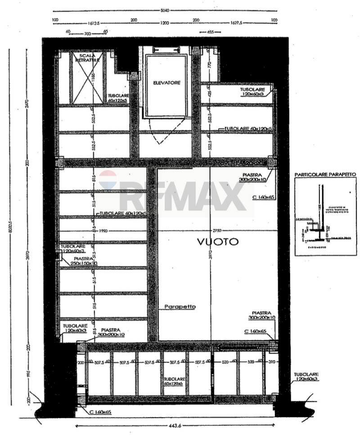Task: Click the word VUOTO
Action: (x=218, y=242)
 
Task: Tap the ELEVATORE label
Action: (x=166, y=83)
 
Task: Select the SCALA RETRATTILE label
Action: (x=86, y=58)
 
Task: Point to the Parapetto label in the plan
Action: (x=180, y=307)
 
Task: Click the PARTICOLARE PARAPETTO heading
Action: (x=325, y=174)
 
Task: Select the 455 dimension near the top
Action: (x=210, y=32)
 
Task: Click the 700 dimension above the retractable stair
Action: (x=87, y=34)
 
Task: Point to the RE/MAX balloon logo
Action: (x=108, y=179)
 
